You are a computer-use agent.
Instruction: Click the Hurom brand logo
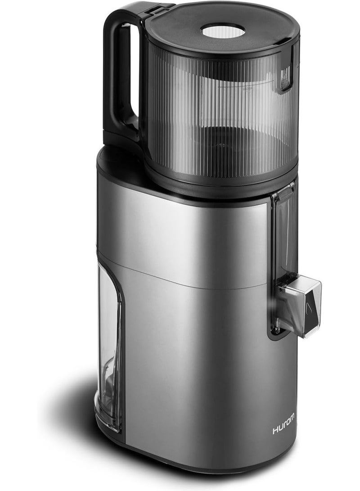[x=284, y=431]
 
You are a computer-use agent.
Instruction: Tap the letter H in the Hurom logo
[x=275, y=431]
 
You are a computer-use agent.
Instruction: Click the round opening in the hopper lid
[x=222, y=31]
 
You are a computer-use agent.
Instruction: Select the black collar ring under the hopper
[x=220, y=180]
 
